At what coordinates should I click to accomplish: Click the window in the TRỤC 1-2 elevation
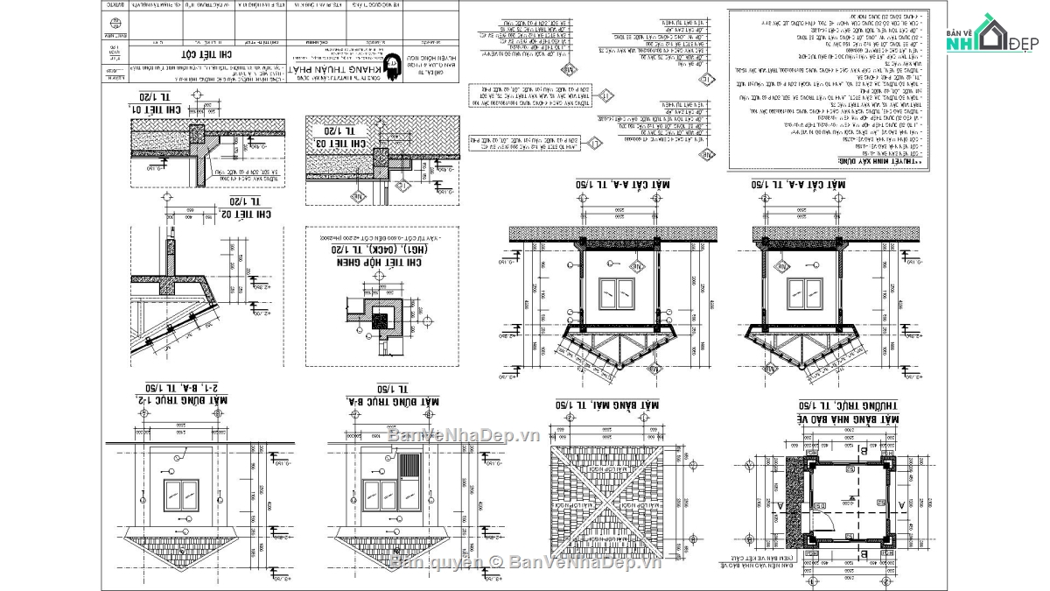[184, 496]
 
